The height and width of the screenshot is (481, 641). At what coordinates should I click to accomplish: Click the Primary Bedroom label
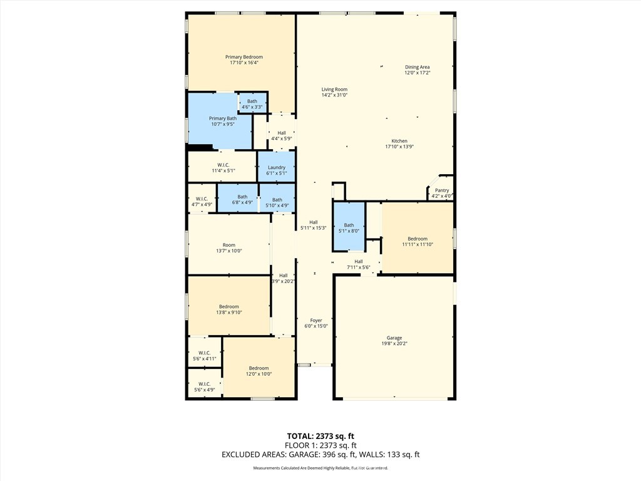[244, 57]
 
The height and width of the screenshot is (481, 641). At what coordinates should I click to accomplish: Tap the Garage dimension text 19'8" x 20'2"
[394, 344]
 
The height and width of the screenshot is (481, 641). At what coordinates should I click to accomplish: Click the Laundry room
[276, 167]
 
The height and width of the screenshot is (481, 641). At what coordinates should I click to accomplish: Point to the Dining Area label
[417, 67]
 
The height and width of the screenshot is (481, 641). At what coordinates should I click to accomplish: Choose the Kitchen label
[399, 141]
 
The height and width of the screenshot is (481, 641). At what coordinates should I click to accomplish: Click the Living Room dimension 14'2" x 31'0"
[334, 95]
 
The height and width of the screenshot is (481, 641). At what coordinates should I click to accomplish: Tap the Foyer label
[316, 320]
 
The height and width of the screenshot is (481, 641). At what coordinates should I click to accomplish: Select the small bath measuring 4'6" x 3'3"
[253, 102]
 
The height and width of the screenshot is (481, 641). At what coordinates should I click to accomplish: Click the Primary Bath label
[223, 118]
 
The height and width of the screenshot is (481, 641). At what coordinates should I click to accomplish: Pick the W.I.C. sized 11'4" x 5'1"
[222, 167]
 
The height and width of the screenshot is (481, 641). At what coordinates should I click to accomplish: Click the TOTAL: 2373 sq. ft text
[320, 436]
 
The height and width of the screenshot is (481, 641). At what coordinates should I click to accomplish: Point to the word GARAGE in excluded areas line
[304, 455]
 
